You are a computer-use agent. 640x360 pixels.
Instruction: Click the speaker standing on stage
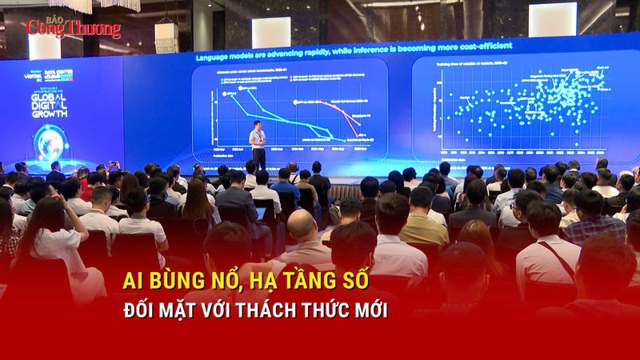(257, 142)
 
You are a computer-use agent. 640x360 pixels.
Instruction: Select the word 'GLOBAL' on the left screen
(50, 99)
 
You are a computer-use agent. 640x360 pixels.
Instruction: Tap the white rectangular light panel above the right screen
(552, 19)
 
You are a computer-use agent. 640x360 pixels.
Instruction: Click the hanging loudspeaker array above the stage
(166, 37)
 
